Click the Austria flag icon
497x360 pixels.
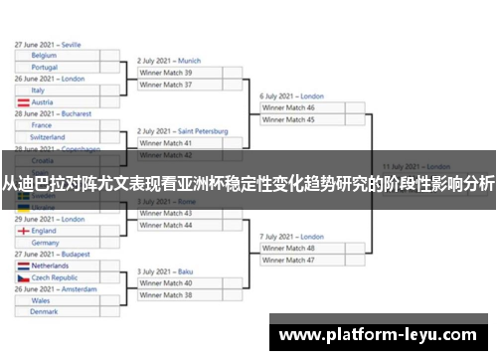pyautogui.click(x=24, y=101)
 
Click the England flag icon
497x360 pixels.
pyautogui.click(x=24, y=231)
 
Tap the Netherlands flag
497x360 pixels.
pyautogui.click(x=24, y=266)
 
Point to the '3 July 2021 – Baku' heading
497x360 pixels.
pyautogui.click(x=165, y=271)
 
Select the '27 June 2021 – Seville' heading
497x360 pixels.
pyautogui.click(x=48, y=45)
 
